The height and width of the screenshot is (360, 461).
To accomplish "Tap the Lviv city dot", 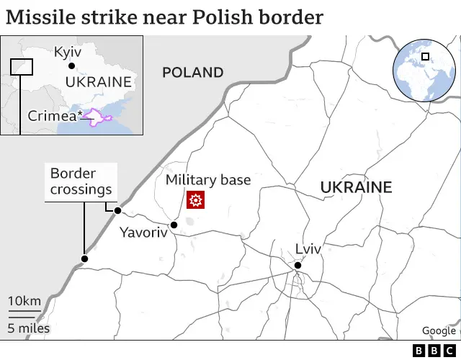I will coord(297,266).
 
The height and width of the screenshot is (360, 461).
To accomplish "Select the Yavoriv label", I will coord(143,233).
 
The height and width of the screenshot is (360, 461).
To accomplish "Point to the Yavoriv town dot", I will coord(174,225).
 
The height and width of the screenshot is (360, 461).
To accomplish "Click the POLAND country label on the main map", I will coord(192,72).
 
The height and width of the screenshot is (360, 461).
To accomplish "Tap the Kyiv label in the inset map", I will coord(68,52).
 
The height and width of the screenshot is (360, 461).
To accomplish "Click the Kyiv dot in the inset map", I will coord(71,66).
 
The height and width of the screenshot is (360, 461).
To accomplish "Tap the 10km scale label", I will coord(24,301).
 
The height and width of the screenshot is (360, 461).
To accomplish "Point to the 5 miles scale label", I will coord(29,328).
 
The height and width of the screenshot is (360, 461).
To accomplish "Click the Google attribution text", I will coord(439,331).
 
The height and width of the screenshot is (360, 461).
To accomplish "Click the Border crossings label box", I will coord(81,181).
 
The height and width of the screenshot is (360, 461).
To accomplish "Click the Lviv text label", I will coord(308,250).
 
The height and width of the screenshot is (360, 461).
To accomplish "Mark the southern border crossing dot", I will coord(84,259).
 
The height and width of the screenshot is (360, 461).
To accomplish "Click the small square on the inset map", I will coord(22,66).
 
